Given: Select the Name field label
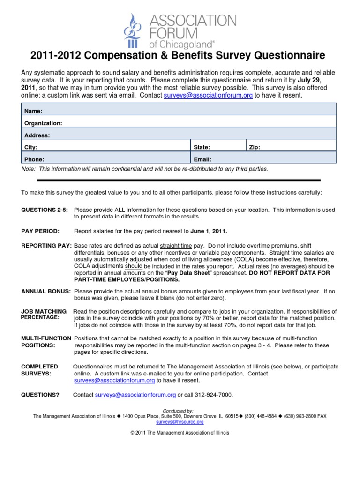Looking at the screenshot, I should [x=33, y=111].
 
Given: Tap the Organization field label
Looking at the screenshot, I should [x=43, y=123].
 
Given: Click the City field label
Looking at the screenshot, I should [x=31, y=147].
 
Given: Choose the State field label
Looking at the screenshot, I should [x=202, y=147].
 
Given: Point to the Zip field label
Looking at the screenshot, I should [x=255, y=147].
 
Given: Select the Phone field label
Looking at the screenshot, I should [x=34, y=159].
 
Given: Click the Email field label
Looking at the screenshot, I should [x=202, y=159].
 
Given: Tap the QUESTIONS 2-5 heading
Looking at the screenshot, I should [x=45, y=210].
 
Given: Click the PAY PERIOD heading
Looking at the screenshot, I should [x=40, y=231].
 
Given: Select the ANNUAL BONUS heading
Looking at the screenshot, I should [x=45, y=291].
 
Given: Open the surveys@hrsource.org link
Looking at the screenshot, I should [x=180, y=422].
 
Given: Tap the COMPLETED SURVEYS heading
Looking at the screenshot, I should [x=40, y=370].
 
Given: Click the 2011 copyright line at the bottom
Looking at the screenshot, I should [x=180, y=433].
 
